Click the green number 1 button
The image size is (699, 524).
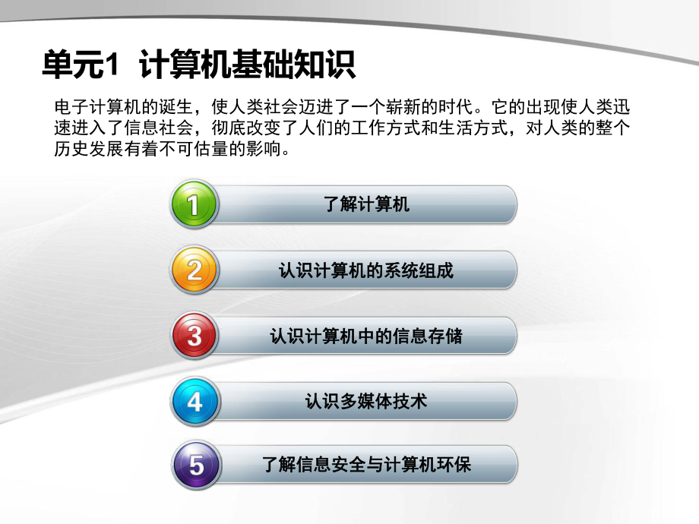[195, 204]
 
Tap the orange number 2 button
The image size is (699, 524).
[195, 270]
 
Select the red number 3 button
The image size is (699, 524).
[195, 336]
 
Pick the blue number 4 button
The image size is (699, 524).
[195, 400]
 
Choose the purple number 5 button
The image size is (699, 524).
[195, 465]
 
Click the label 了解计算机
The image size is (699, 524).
[366, 204]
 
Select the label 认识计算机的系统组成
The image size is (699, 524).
[366, 270]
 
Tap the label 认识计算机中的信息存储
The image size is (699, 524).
[366, 335]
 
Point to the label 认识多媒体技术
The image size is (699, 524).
[366, 400]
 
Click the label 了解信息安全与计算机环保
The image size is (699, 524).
[366, 464]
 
